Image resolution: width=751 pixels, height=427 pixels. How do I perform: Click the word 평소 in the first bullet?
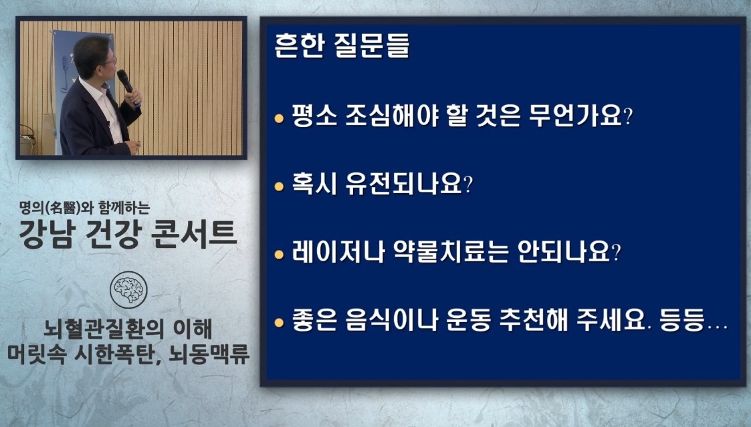pos(308,120)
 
